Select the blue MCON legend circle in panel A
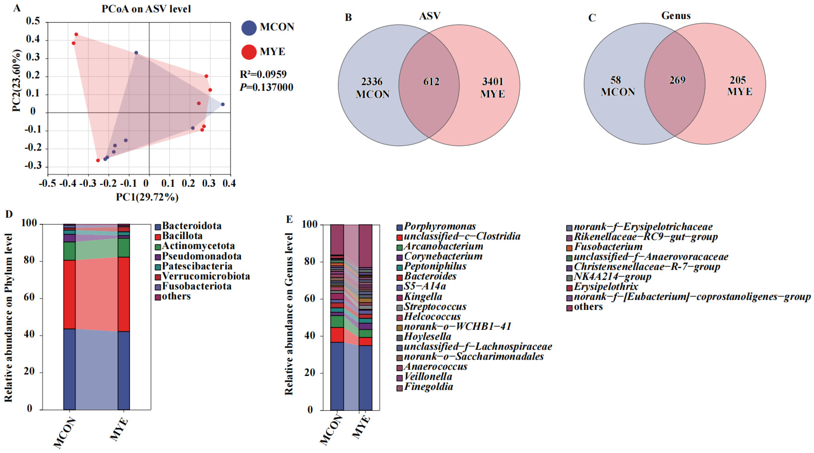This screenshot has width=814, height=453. [249, 28]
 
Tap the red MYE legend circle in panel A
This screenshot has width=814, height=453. [249, 52]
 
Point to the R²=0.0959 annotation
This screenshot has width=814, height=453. [263, 74]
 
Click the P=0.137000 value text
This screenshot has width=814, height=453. [266, 87]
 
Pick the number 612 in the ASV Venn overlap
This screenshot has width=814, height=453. [431, 82]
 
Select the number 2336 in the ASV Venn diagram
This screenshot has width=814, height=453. [372, 82]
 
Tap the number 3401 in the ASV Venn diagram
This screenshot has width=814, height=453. [493, 82]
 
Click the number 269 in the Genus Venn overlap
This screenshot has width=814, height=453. [677, 80]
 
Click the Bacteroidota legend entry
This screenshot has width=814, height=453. [188, 226]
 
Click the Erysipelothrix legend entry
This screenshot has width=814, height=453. [602, 287]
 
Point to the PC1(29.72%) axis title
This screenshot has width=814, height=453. [147, 197]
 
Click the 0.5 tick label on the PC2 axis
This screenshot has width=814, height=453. [33, 21]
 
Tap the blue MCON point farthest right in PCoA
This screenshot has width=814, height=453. [223, 104]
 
